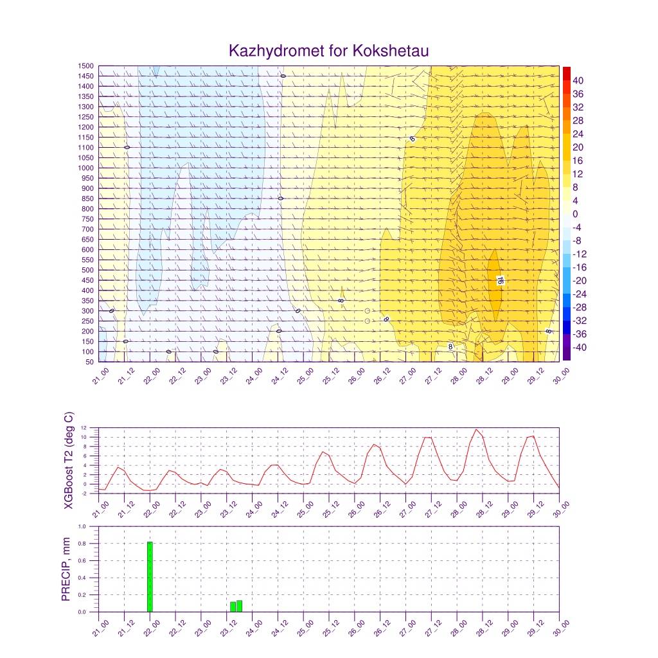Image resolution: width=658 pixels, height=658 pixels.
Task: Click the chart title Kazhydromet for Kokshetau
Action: pyautogui.click(x=328, y=51)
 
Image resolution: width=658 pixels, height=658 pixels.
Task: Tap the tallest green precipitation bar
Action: pyautogui.click(x=150, y=576)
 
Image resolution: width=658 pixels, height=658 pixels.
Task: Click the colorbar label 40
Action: pyautogui.click(x=578, y=80)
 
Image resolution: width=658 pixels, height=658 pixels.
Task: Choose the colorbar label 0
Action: pyautogui.click(x=576, y=214)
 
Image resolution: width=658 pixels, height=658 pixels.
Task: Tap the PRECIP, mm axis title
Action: pyautogui.click(x=66, y=569)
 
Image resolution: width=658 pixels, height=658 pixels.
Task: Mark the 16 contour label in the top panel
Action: pyautogui.click(x=499, y=280)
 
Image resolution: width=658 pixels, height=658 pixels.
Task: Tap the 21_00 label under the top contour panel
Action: pyautogui.click(x=100, y=375)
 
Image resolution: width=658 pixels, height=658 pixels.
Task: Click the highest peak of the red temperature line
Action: pyautogui.click(x=476, y=429)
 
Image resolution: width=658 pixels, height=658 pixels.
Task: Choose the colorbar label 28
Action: pyautogui.click(x=578, y=121)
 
